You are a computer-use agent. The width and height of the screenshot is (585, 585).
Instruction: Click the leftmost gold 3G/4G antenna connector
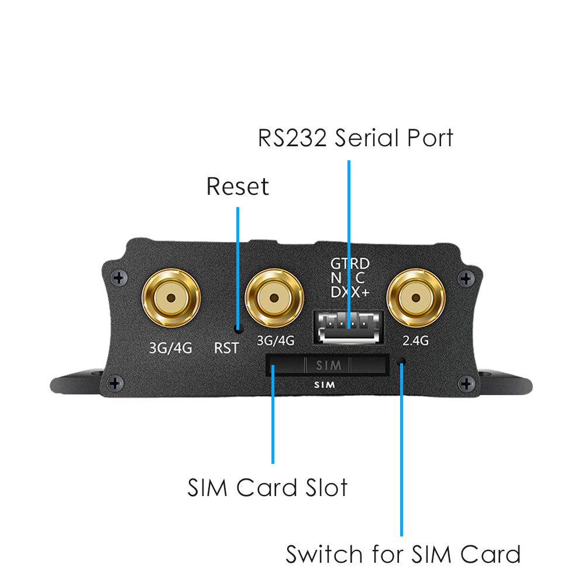[171, 298]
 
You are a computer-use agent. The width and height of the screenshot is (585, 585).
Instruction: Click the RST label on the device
[226, 348]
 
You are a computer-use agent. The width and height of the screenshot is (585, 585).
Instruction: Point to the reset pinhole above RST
[238, 329]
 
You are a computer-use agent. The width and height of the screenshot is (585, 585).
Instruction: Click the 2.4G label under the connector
[417, 340]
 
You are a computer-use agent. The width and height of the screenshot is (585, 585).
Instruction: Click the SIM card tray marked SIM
[328, 366]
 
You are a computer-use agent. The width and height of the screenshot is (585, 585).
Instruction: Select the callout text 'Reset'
[238, 187]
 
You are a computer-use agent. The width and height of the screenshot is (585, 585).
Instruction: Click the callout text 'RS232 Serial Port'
[356, 138]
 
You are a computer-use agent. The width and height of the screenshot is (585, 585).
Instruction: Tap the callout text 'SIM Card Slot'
[267, 487]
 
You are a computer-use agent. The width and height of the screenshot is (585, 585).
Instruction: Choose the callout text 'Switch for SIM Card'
[402, 553]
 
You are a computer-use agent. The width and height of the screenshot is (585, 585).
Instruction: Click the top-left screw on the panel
[119, 277]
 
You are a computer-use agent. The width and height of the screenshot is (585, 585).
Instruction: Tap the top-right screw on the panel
[466, 277]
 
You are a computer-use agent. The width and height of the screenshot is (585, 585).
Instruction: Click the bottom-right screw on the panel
[466, 384]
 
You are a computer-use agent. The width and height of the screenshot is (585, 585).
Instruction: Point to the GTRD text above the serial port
[350, 263]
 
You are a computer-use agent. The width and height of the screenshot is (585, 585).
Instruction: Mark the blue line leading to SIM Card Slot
[273, 421]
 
